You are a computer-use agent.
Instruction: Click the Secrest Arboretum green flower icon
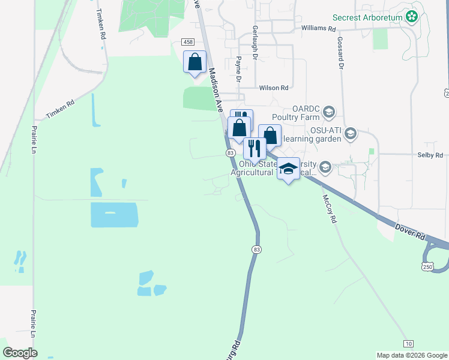pyautogui.click(x=412, y=17)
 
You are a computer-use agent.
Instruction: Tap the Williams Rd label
pyautogui.click(x=318, y=28)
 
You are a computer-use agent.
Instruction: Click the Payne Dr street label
pyautogui.click(x=238, y=69)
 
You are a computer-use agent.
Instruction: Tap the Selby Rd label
pyautogui.click(x=430, y=155)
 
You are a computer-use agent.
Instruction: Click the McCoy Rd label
pyautogui.click(x=329, y=209)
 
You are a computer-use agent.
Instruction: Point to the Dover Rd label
pyautogui.click(x=410, y=231)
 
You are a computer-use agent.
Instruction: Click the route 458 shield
pyautogui.click(x=188, y=41)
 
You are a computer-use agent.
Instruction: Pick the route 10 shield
pyautogui.click(x=408, y=343)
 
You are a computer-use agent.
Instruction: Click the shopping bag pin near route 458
pyautogui.click(x=194, y=62)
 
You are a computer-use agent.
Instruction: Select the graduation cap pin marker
pyautogui.click(x=289, y=169)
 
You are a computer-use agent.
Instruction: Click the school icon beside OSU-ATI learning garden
pyautogui.click(x=351, y=134)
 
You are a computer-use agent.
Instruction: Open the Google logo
pyautogui.click(x=20, y=353)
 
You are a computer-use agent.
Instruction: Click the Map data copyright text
pyautogui.click(x=412, y=355)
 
